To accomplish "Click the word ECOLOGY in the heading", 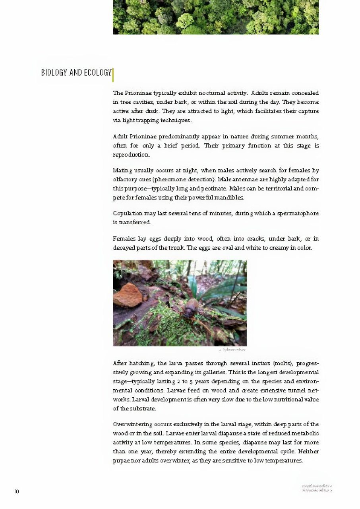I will click(x=98, y=72).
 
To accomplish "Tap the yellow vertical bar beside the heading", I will click(x=113, y=75).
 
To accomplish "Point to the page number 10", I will click(x=17, y=492).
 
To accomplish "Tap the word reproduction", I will click(x=131, y=155).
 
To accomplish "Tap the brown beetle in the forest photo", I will click(x=191, y=307).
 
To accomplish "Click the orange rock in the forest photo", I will click(x=128, y=295).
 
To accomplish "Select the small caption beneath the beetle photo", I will click(x=232, y=350).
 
